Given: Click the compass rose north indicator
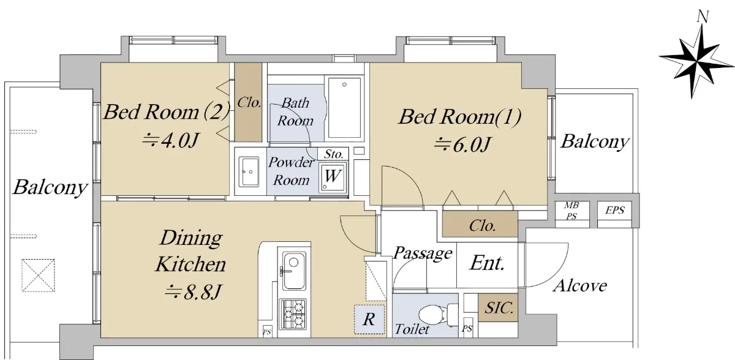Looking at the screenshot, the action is tap(697, 61).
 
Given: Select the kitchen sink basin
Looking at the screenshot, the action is tap(293, 271).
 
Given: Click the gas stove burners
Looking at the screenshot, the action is tap(293, 314).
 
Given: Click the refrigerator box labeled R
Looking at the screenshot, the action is tap(369, 319).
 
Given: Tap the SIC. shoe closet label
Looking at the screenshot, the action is tap(499, 308).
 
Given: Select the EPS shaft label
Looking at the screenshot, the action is tap(614, 210).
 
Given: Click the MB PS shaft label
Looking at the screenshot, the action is tap(571, 211).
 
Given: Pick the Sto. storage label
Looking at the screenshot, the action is tap(333, 154).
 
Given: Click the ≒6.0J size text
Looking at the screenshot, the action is tap(462, 144).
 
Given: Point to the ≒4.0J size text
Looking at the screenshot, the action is tap(171, 140).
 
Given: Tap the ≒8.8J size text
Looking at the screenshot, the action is tap(194, 292).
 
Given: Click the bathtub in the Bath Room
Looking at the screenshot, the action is tap(344, 107).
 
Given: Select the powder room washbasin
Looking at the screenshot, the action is tap(249, 171).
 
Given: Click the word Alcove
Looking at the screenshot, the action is tap(580, 285).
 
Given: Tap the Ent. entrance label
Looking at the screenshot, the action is tap(488, 263).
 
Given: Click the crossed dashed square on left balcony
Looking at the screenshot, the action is tap(38, 276).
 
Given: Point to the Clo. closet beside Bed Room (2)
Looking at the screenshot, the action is tap(249, 103).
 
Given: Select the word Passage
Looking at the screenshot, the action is tap(423, 253).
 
